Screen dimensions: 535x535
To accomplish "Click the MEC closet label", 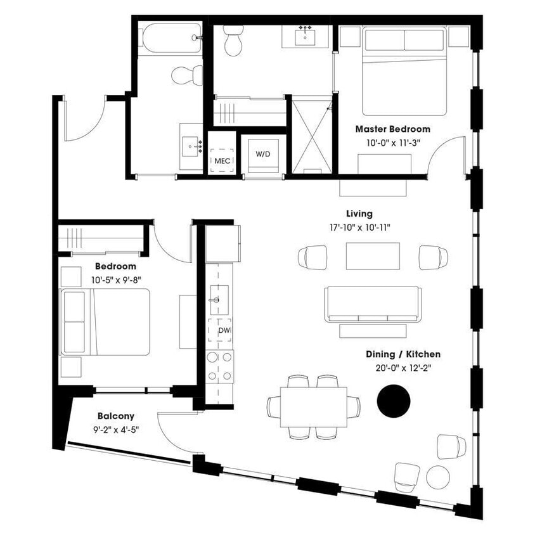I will [222, 160].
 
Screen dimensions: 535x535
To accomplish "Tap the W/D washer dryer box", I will [262, 154].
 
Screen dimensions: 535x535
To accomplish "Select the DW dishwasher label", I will [223, 330].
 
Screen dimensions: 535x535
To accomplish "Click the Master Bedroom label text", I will [392, 129].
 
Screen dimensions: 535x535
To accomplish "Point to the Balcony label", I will [115, 416].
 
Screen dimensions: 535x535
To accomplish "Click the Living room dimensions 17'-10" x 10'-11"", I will [359, 227].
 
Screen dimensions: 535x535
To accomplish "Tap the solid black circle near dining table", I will [394, 401].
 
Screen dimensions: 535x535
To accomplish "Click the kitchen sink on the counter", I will [217, 297].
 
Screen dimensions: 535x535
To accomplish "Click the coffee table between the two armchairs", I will [373, 256].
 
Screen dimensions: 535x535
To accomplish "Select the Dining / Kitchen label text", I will [403, 354].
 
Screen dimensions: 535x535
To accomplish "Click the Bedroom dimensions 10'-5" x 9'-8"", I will [115, 279].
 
